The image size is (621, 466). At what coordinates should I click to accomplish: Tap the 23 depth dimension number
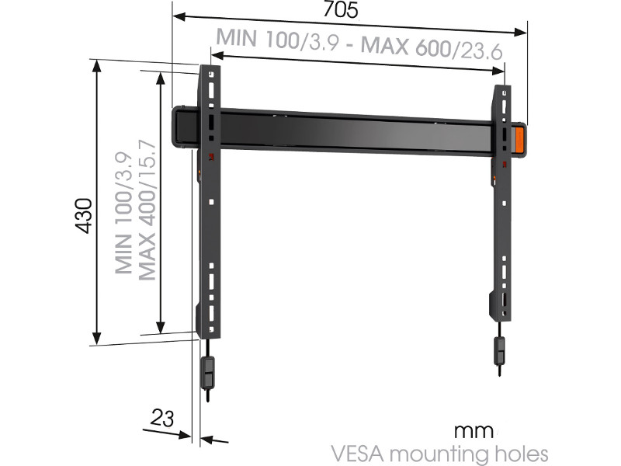[x=161, y=419]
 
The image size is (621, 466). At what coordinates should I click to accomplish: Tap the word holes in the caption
[x=520, y=453]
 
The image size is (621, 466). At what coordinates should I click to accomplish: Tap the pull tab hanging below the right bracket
[x=501, y=352]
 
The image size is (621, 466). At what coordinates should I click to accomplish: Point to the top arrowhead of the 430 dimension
[x=97, y=65]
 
